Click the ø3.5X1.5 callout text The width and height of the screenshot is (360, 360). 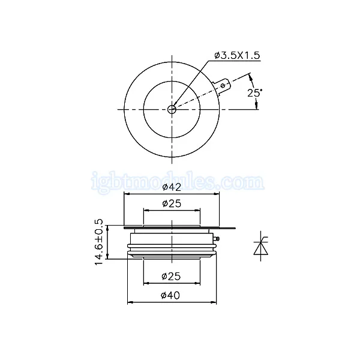coord(237,56)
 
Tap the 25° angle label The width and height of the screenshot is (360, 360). coord(254,93)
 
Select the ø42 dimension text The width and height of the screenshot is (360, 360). coord(172,187)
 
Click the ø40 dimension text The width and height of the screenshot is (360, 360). coord(170,295)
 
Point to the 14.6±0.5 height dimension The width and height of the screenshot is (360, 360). coord(99,242)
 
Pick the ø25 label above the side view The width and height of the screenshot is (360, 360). coord(172,203)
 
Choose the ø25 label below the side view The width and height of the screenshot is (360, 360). coord(171,276)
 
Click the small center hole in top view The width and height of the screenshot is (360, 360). coord(172,110)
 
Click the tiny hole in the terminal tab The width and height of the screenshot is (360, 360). coord(223,86)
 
